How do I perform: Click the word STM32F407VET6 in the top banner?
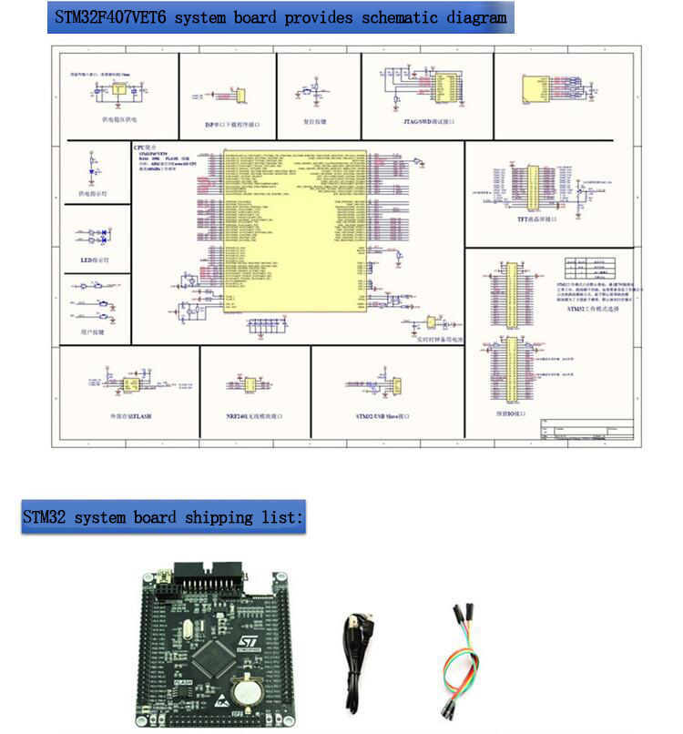click(110, 17)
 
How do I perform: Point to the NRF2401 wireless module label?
click(254, 415)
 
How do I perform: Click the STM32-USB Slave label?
click(382, 415)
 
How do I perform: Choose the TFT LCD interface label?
click(536, 219)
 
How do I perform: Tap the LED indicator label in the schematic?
click(95, 260)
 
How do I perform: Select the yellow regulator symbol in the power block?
click(119, 91)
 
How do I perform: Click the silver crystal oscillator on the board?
click(189, 627)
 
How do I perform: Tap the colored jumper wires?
click(457, 656)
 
